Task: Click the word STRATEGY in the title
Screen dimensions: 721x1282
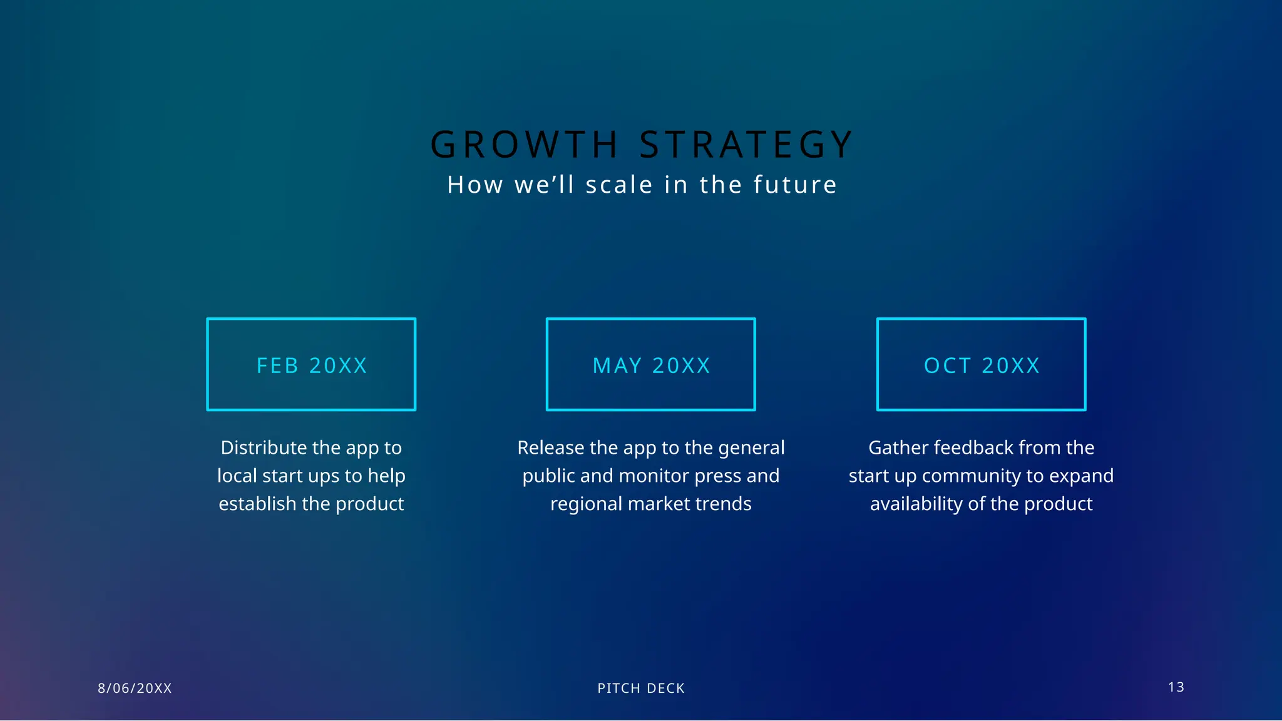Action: point(746,145)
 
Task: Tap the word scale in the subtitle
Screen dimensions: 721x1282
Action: point(619,185)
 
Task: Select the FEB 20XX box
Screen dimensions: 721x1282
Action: point(311,364)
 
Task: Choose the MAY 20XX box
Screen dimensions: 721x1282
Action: point(651,364)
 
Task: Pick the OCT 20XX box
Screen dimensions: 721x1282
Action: point(981,364)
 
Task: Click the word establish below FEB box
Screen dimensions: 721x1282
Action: point(257,504)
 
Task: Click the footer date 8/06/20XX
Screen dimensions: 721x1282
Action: point(135,688)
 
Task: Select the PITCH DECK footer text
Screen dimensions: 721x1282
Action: point(641,688)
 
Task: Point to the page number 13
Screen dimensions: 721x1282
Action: point(1176,687)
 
